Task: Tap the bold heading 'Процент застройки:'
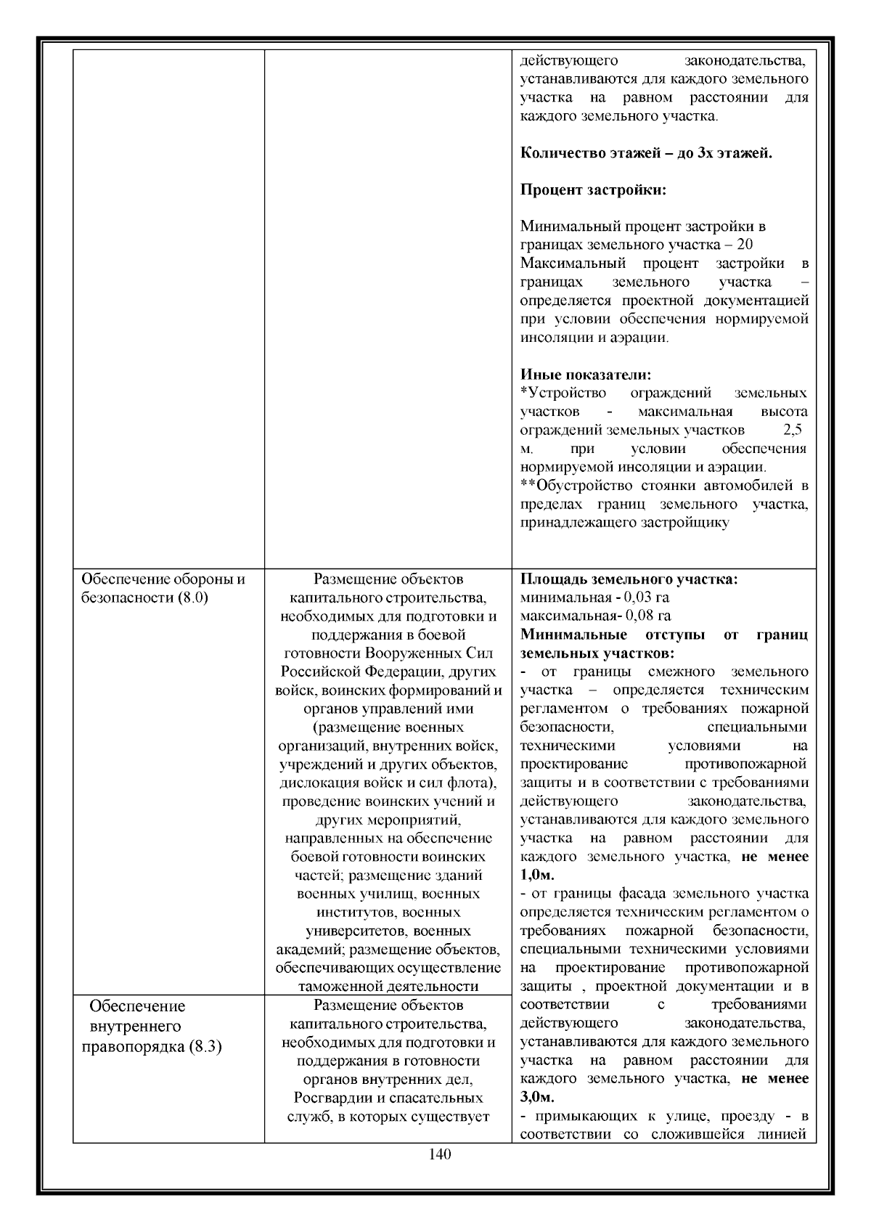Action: [x=593, y=190]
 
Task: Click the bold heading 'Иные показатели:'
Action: [x=586, y=375]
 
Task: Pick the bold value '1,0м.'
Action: [x=537, y=875]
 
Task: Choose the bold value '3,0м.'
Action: [x=537, y=1097]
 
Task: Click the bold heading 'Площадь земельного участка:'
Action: [x=629, y=579]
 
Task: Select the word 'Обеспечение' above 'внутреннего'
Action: [x=137, y=1006]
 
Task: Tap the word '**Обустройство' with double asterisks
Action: [x=577, y=485]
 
